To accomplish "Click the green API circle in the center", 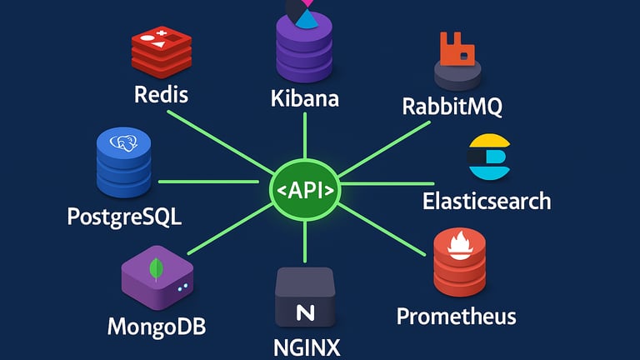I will tap(305, 190).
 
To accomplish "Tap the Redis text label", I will tap(161, 94).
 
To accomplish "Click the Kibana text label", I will tap(305, 98).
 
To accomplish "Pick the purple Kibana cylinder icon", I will tap(304, 49).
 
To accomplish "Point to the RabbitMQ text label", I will tap(452, 107).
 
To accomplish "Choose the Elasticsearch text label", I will tap(487, 201).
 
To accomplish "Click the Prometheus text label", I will tap(456, 317).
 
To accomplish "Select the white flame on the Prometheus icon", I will tap(460, 245).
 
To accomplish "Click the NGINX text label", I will tap(307, 345).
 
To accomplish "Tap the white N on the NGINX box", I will tap(305, 312).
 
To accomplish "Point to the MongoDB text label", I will tap(157, 325).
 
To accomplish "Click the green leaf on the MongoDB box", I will tap(155, 269).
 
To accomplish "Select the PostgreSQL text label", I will tap(124, 218).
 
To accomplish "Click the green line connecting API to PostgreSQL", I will tap(212, 181).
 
